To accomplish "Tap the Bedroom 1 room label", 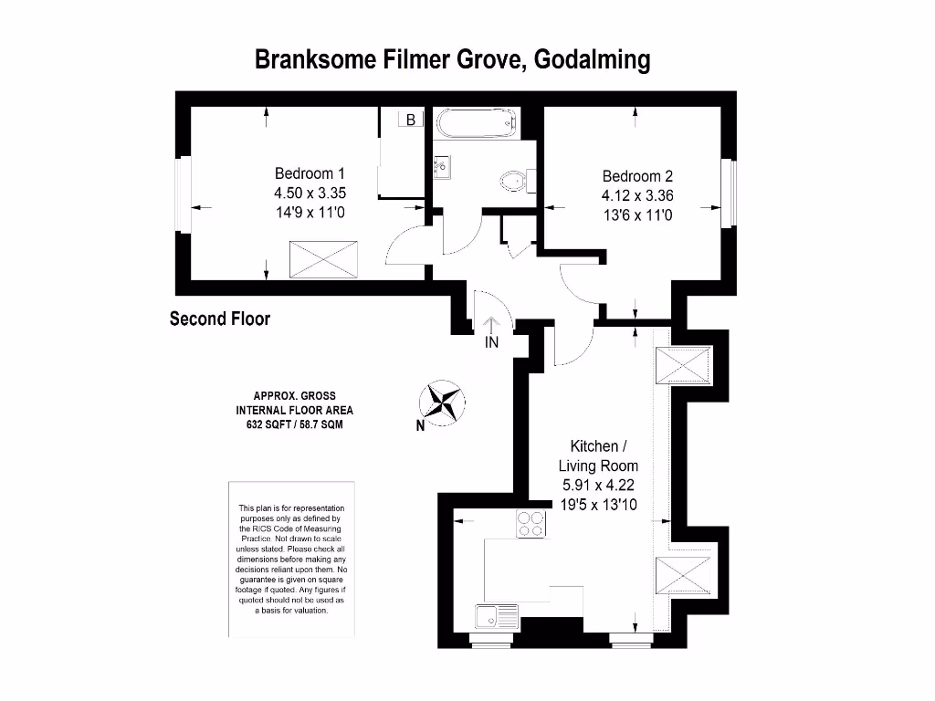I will pyautogui.click(x=310, y=173).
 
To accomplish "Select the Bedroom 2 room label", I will pyautogui.click(x=636, y=176).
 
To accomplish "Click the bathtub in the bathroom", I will pyautogui.click(x=477, y=123).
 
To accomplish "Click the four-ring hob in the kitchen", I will pyautogui.click(x=531, y=523).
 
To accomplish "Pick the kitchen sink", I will pyautogui.click(x=496, y=616).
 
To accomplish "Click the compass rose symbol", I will pyautogui.click(x=441, y=402).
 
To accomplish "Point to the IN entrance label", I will pyautogui.click(x=491, y=343).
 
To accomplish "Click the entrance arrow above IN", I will pyautogui.click(x=491, y=325).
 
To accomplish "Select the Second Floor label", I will pyautogui.click(x=220, y=319).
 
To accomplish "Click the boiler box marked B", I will pyautogui.click(x=411, y=120).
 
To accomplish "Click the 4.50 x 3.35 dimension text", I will pyautogui.click(x=310, y=194).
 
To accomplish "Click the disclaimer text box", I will pyautogui.click(x=291, y=558).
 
